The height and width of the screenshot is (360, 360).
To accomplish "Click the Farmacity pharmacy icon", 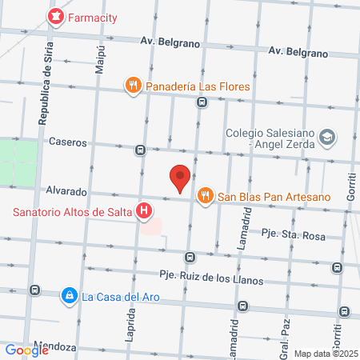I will tap(55, 16).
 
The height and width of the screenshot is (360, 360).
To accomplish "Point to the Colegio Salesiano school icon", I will tap(326, 138).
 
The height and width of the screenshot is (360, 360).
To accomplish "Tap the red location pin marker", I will tap(181, 178).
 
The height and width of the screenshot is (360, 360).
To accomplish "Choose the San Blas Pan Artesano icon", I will tap(206, 194).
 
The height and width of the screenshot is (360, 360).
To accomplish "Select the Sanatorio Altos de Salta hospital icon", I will tap(144, 211).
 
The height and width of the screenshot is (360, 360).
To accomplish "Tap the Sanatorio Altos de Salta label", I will tap(72, 212).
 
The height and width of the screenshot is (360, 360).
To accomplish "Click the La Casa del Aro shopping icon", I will tap(70, 296).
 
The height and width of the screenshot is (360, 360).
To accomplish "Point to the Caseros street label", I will tap(67, 142).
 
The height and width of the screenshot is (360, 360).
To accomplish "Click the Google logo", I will tap(26, 350).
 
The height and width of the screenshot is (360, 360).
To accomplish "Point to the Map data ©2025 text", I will tap(326, 353).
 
